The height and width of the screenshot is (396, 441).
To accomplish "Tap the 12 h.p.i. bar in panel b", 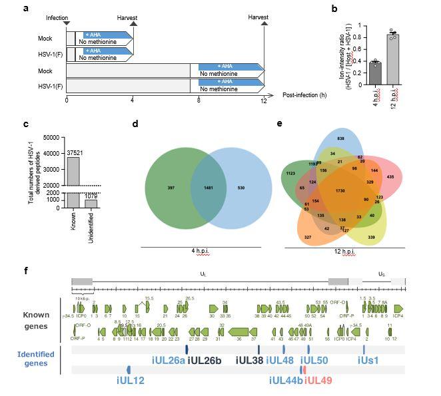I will (x=394, y=59).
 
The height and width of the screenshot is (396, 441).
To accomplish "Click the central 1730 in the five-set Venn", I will (x=341, y=191).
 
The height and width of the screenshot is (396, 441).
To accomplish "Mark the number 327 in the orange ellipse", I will (x=307, y=237).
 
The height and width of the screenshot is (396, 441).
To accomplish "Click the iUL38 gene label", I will (x=249, y=360).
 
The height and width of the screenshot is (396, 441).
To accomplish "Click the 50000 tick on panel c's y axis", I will (x=49, y=138).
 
